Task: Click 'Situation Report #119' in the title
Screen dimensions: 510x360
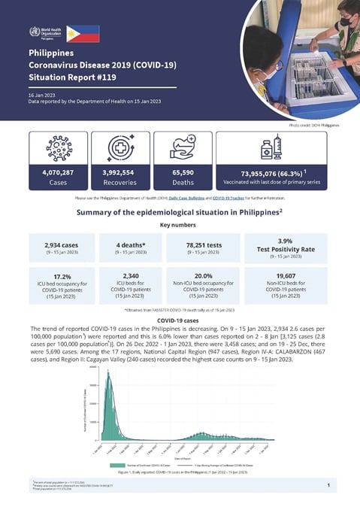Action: (68, 77)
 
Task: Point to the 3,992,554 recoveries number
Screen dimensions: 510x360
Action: (129, 172)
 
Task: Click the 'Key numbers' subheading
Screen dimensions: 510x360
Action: (180, 224)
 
